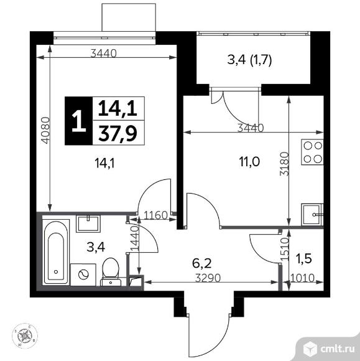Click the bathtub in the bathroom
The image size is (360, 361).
56,252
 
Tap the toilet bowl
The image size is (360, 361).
111,271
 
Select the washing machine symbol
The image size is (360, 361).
83,274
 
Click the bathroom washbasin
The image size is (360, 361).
88,223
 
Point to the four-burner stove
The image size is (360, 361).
312,152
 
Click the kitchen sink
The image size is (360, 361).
312,215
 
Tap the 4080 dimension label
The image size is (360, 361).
45,131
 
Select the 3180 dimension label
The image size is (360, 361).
284,164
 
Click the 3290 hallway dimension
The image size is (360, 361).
208,278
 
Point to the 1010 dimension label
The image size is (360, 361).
303,278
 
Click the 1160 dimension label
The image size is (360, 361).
155,215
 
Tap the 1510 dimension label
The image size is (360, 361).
285,249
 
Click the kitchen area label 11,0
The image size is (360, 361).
249,162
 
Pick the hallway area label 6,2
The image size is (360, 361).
201,263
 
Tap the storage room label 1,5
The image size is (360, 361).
306,258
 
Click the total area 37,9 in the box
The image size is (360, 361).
118,133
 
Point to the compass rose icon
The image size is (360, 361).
25,335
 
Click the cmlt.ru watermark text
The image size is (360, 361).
337,350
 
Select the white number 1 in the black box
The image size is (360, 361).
79,121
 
